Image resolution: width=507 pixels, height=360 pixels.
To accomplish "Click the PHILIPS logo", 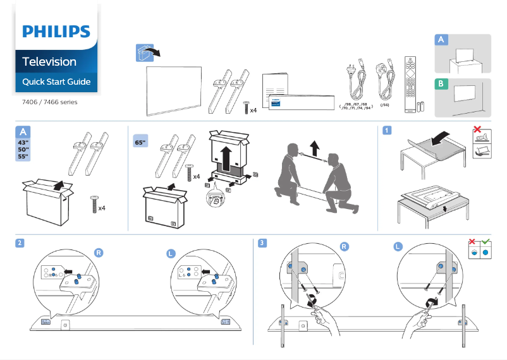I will point(56,32).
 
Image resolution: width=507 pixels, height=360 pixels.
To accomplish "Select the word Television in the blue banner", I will point(49,62).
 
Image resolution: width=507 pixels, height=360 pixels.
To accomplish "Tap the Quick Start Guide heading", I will point(56,82).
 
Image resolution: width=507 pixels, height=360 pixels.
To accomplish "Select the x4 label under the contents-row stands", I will point(253,110).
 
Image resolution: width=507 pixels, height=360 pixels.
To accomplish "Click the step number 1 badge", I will point(386,131).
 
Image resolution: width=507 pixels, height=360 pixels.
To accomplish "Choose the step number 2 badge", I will point(21,243).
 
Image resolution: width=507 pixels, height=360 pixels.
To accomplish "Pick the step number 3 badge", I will point(262,243).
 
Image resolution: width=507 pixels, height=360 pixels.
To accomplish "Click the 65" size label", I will point(140,142).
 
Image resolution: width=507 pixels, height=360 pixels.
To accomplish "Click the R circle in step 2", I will point(99,252).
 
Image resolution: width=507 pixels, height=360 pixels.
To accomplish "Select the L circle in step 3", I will point(398,247).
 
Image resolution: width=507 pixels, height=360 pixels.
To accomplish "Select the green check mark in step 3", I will point(486,242).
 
